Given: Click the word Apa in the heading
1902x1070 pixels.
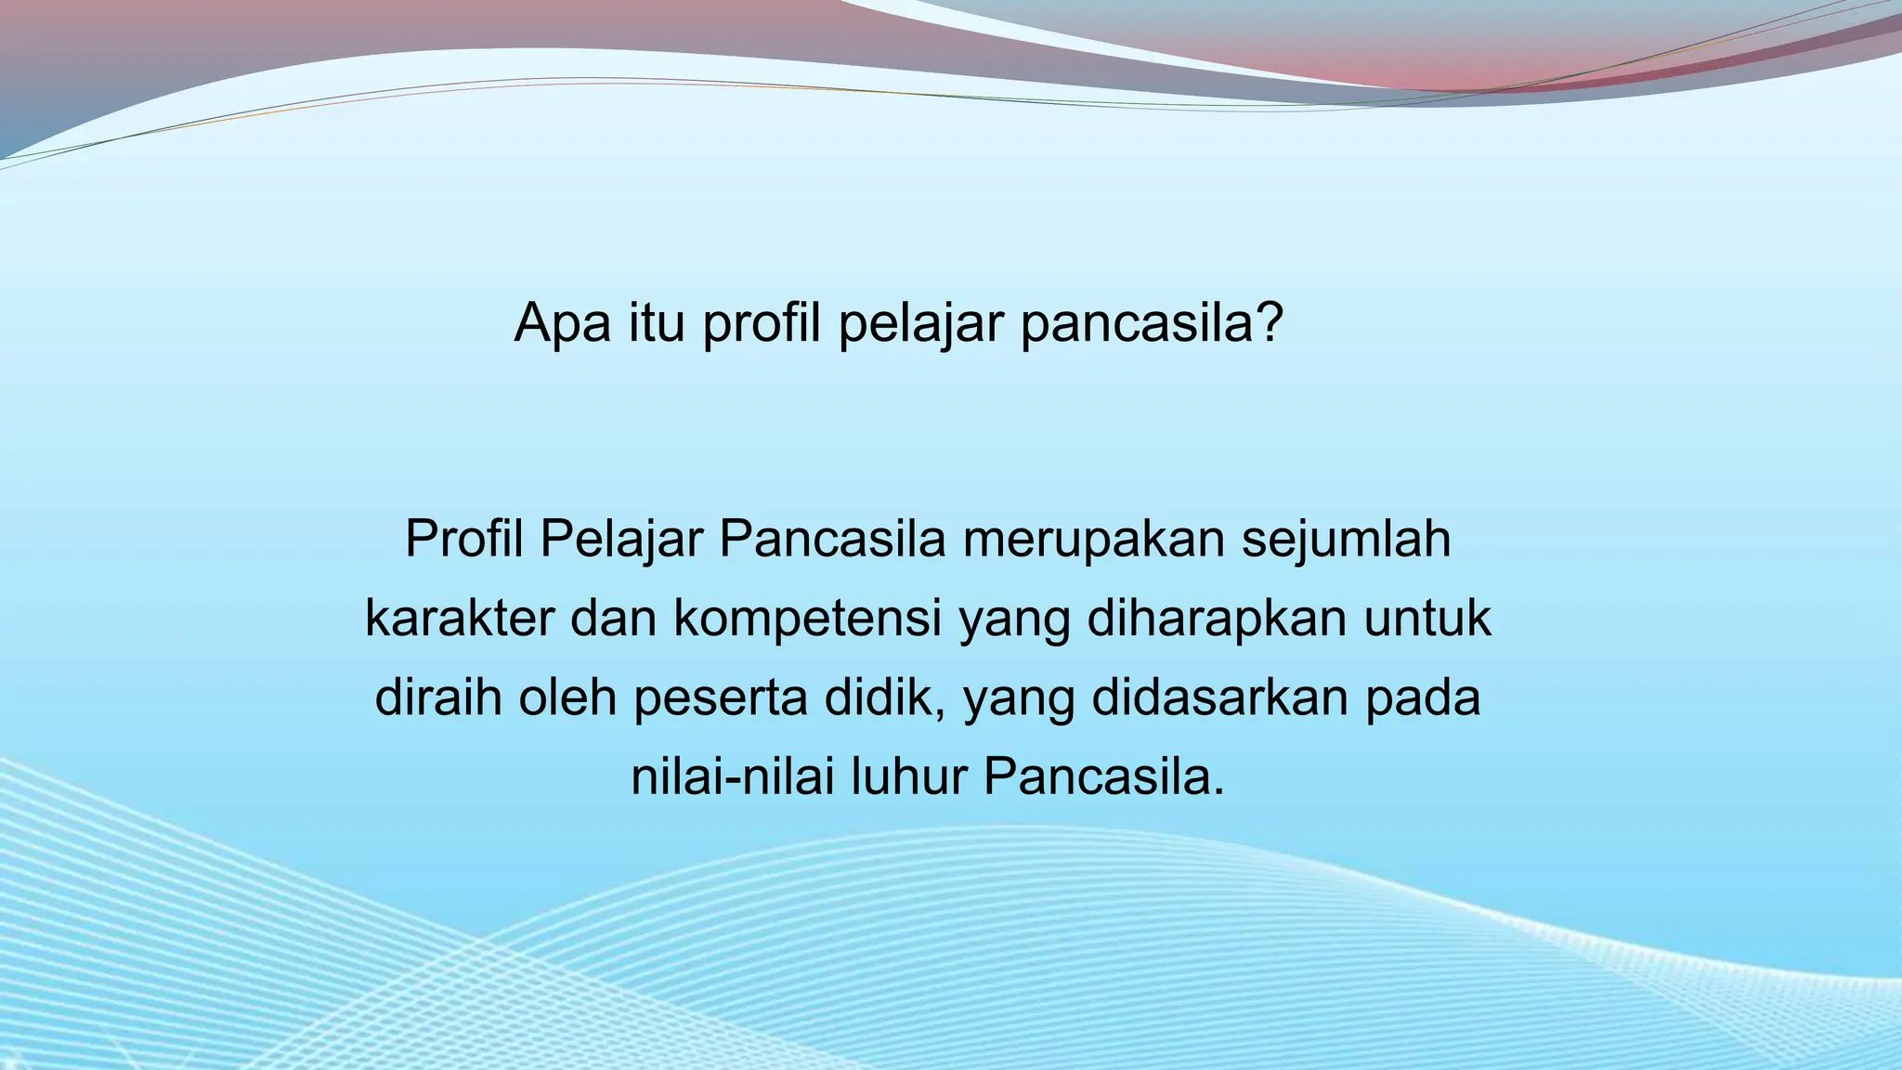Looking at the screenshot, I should [x=562, y=323].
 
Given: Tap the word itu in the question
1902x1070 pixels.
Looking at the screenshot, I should [x=656, y=323].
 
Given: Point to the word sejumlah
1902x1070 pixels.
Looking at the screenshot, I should [x=1346, y=541].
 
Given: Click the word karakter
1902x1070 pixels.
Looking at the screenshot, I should [x=459, y=619].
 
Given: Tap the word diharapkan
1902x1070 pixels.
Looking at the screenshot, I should [x=1216, y=619].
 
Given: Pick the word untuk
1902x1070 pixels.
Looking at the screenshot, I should [x=1427, y=619].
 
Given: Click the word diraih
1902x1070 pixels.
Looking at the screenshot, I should [x=437, y=698].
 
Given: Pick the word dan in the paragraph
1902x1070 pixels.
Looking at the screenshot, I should [x=614, y=619].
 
